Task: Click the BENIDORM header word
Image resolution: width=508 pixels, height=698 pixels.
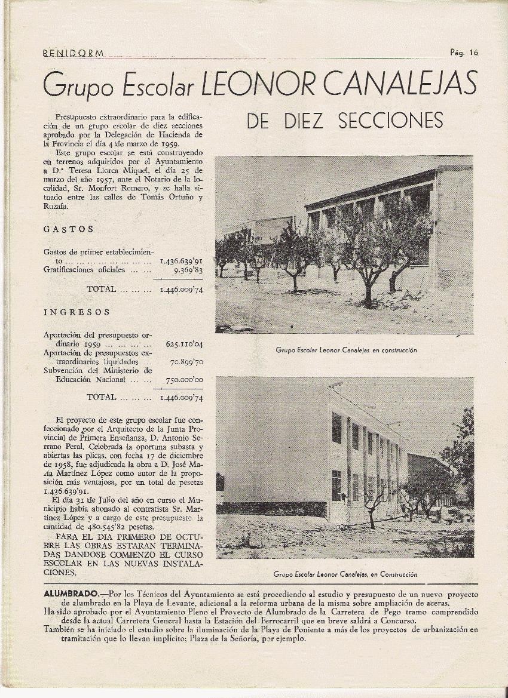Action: pyautogui.click(x=74, y=53)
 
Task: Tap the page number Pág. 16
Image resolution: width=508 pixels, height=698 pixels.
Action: pyautogui.click(x=464, y=52)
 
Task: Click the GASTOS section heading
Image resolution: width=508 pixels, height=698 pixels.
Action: pyautogui.click(x=69, y=229)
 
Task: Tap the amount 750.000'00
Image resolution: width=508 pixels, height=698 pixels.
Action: pyautogui.click(x=184, y=380)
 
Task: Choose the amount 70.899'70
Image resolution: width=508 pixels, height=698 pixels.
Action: pyautogui.click(x=186, y=362)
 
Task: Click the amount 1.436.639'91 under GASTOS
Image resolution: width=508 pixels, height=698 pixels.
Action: pyautogui.click(x=181, y=262)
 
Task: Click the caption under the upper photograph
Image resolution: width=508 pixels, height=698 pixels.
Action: pyautogui.click(x=346, y=350)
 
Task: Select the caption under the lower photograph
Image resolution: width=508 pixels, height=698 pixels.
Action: pyautogui.click(x=345, y=574)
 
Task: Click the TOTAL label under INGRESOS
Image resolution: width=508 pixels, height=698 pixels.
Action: pyautogui.click(x=102, y=397)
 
